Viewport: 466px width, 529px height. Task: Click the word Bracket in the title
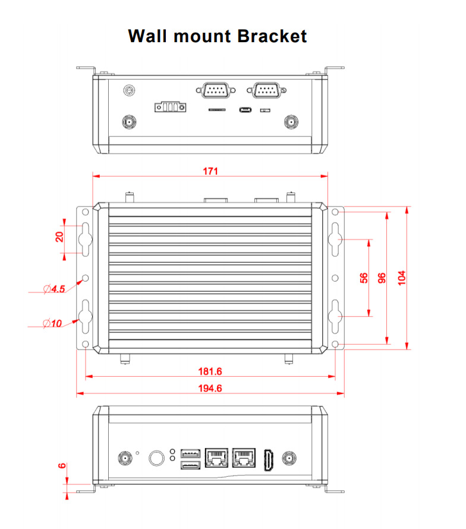point(272,36)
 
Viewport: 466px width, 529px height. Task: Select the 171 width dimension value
point(210,171)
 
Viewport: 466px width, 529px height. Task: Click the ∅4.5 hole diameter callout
point(55,289)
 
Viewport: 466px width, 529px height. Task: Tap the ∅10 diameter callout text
point(53,324)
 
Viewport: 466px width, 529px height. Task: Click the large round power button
point(156,458)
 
